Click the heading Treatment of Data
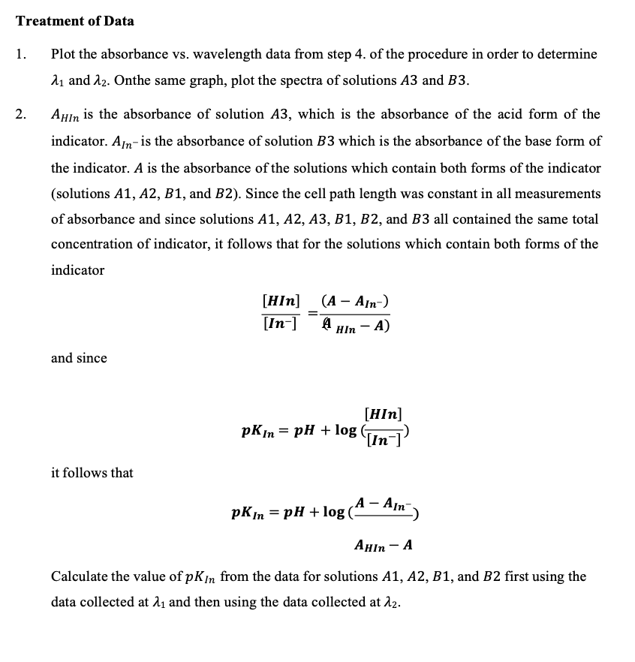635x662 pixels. tap(75, 21)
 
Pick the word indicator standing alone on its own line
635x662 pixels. tap(77, 270)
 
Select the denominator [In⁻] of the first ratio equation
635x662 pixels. tap(279, 323)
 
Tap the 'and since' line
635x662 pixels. tap(79, 358)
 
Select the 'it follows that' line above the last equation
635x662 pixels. tap(92, 473)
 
